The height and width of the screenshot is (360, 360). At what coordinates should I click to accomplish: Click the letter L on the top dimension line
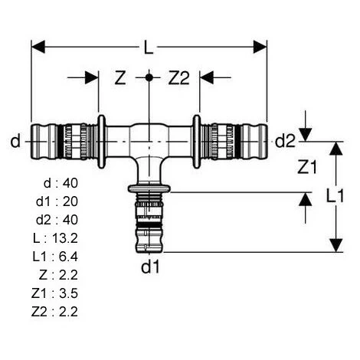pyautogui.click(x=148, y=47)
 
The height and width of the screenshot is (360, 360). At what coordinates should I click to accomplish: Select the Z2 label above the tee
pyautogui.click(x=178, y=78)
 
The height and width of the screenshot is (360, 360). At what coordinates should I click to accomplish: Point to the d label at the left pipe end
pyautogui.click(x=15, y=140)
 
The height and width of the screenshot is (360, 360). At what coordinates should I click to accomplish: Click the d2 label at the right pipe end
pyautogui.click(x=285, y=140)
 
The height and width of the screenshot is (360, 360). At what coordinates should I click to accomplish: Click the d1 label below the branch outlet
pyautogui.click(x=149, y=268)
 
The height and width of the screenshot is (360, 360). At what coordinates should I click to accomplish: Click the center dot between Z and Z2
pyautogui.click(x=149, y=78)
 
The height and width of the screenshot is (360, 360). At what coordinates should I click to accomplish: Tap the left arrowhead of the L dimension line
pyautogui.click(x=37, y=47)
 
